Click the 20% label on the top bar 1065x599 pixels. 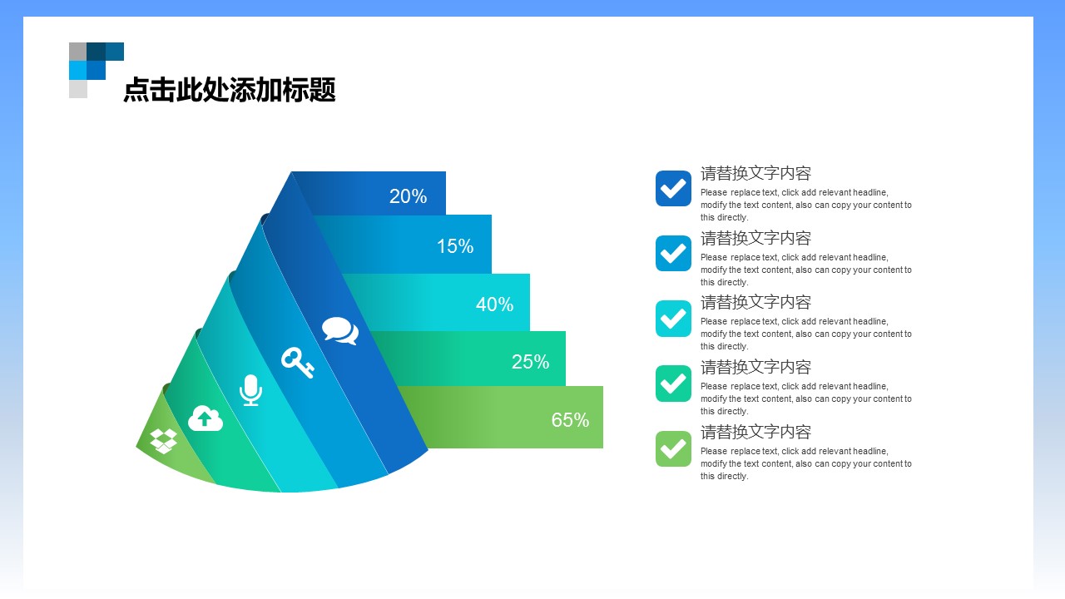click(x=408, y=196)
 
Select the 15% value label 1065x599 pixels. click(x=455, y=246)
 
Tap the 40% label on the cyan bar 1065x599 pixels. click(x=494, y=304)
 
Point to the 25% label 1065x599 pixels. click(x=530, y=362)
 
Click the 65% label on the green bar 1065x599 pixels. click(x=570, y=420)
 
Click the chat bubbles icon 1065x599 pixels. click(x=340, y=331)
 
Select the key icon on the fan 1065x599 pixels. click(x=297, y=362)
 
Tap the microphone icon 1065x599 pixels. click(x=250, y=390)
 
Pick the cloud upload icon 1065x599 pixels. click(x=206, y=418)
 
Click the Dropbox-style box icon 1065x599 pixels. click(x=164, y=439)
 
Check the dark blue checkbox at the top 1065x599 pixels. click(x=673, y=188)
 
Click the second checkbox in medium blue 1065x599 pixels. click(x=673, y=253)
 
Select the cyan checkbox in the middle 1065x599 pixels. click(x=673, y=319)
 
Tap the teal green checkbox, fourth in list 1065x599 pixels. click(x=673, y=384)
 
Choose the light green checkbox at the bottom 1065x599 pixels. click(x=673, y=448)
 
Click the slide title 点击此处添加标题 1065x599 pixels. click(x=229, y=90)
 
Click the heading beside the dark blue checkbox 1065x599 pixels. click(x=755, y=173)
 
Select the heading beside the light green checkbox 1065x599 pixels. click(x=755, y=432)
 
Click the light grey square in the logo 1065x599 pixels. click(x=78, y=89)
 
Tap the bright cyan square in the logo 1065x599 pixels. click(x=77, y=70)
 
